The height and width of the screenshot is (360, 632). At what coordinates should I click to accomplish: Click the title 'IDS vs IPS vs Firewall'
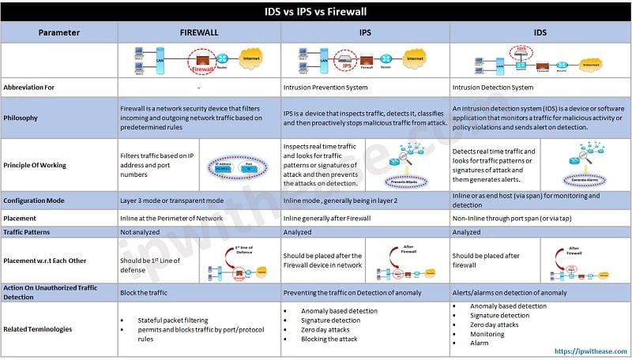(315, 12)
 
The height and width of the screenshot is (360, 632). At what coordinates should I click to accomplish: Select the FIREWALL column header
(199, 33)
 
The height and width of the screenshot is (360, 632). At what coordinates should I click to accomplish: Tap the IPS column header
(365, 33)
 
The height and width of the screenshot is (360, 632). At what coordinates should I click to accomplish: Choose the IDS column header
(540, 33)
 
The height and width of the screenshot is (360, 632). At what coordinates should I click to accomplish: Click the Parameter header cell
(58, 33)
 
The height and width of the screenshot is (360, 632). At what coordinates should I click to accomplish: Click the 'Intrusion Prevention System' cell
(331, 87)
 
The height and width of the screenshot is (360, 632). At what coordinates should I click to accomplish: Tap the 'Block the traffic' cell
(149, 292)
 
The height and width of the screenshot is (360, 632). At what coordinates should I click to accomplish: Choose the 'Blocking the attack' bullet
(329, 339)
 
